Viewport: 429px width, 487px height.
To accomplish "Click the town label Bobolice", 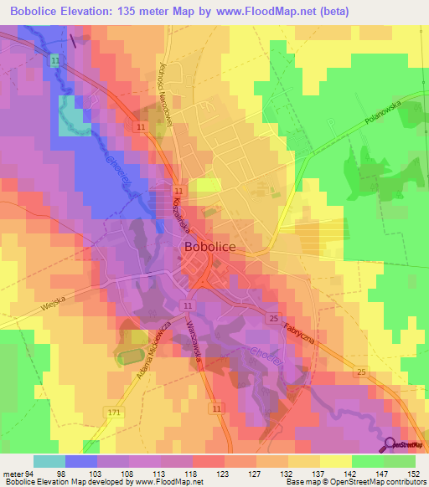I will tap(210, 249).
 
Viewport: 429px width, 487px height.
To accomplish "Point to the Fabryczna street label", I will tap(298, 336).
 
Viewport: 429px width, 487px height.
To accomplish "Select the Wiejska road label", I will tap(54, 307).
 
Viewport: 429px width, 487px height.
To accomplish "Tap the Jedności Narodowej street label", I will tap(164, 84).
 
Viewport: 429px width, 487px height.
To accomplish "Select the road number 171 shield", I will tap(113, 412).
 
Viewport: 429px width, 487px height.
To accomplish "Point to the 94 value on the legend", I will tap(31, 474).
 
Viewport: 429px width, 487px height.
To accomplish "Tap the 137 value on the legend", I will tap(317, 474).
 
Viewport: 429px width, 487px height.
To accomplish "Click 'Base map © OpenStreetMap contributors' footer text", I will tap(357, 482).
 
